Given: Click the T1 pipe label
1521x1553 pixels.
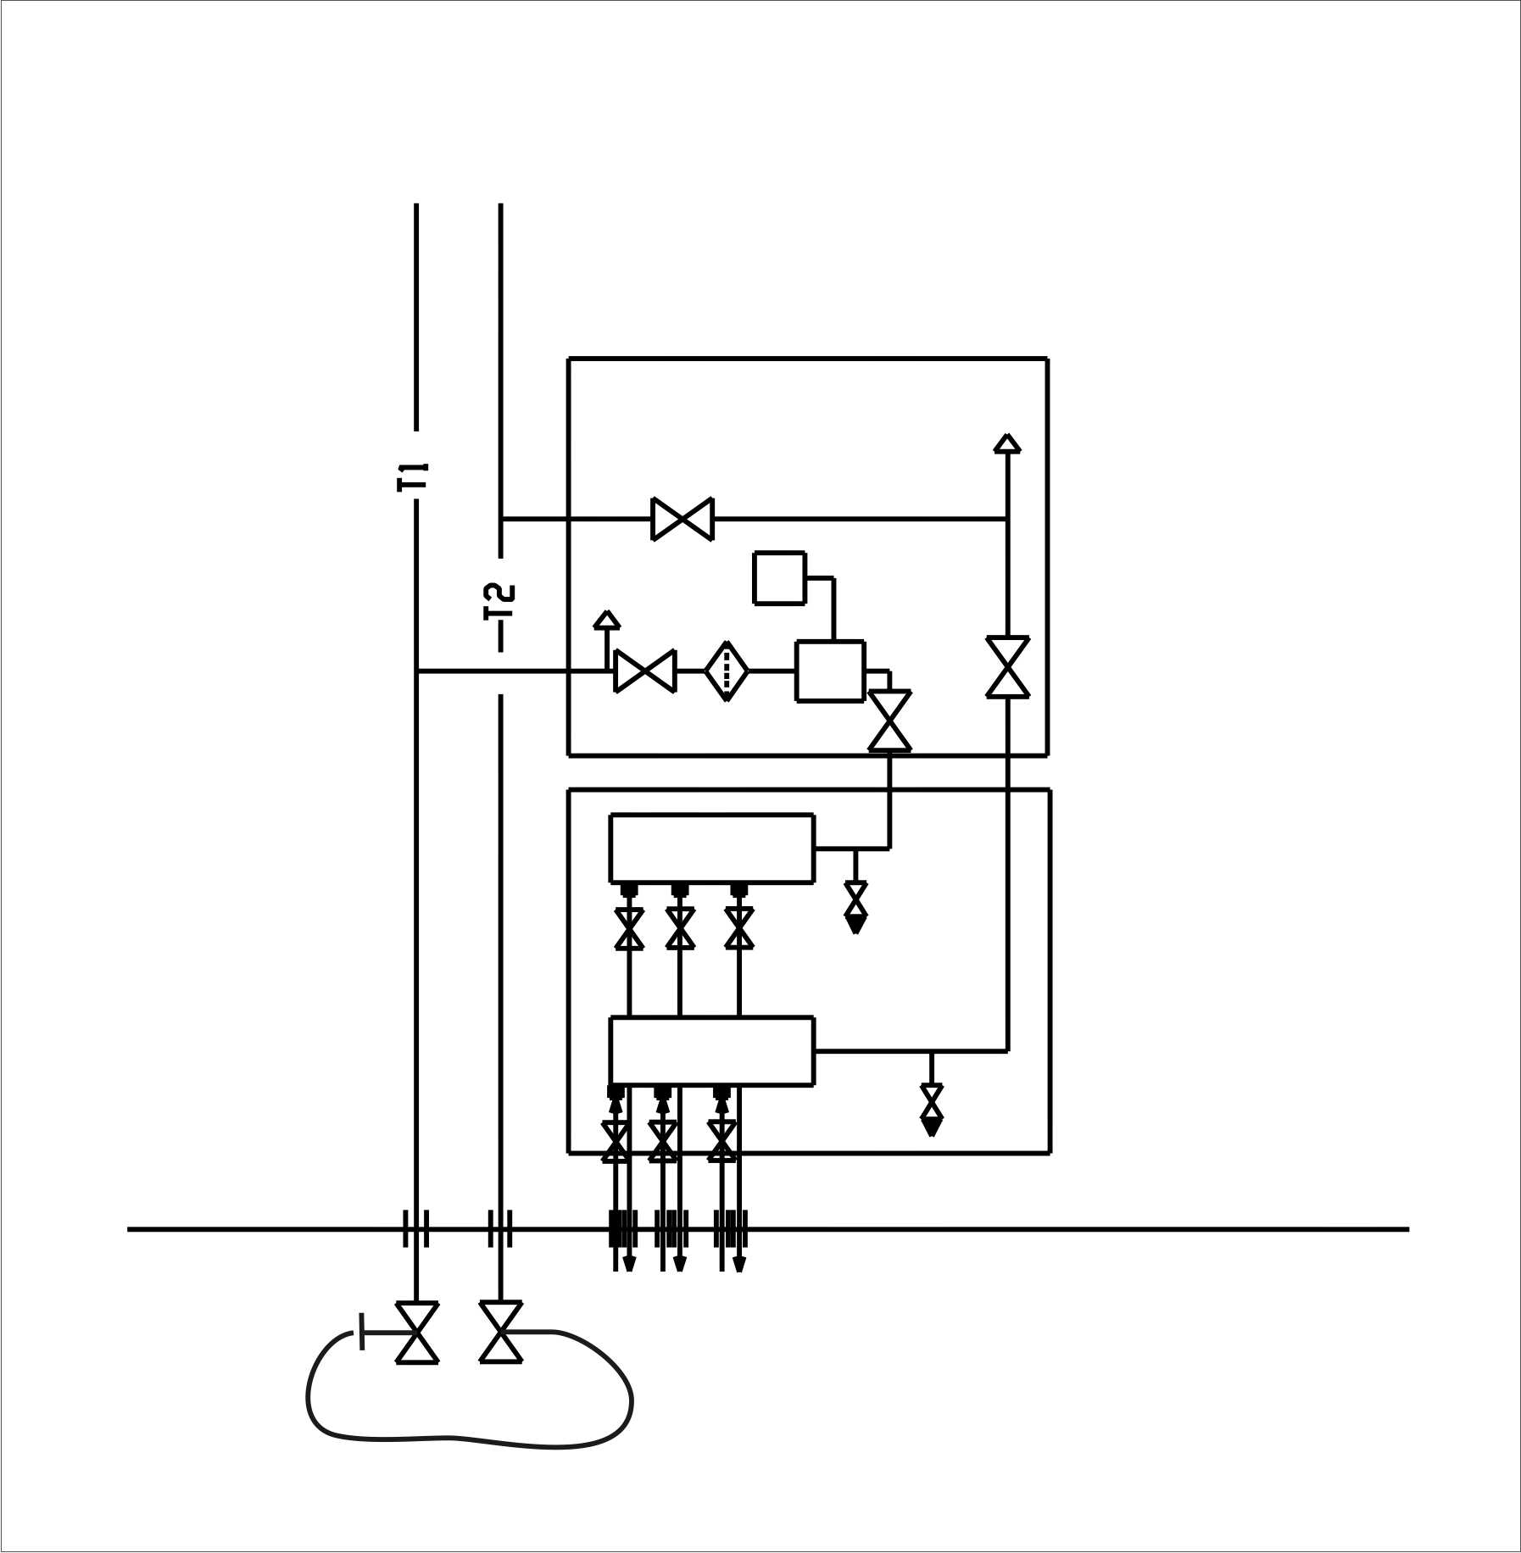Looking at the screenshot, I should point(415,476).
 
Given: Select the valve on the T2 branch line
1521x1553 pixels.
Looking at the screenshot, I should point(682,519).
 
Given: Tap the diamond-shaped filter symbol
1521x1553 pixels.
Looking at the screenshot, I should point(727,671).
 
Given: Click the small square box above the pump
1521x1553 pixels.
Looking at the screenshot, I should point(779,578).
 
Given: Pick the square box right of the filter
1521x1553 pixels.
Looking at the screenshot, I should point(830,671).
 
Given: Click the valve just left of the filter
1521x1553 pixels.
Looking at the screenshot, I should point(645,671).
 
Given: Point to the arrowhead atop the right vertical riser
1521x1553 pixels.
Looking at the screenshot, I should point(1007,443).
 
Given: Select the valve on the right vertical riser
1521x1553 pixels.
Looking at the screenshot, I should point(1007,667).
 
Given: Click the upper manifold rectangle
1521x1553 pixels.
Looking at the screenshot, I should point(712,848).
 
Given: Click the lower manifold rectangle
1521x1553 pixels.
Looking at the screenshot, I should point(712,1051).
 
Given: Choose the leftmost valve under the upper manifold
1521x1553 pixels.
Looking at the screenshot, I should point(629,928).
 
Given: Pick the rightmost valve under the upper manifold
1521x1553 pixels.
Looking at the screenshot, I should point(739,928).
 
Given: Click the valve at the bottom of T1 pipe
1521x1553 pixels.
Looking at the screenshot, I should point(417,1333).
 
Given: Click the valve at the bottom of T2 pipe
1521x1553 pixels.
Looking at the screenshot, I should point(501,1332).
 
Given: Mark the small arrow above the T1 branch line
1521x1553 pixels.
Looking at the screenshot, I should point(606,620).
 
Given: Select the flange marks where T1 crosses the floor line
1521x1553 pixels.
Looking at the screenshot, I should point(415,1228).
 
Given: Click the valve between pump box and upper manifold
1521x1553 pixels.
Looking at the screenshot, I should point(889,721).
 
